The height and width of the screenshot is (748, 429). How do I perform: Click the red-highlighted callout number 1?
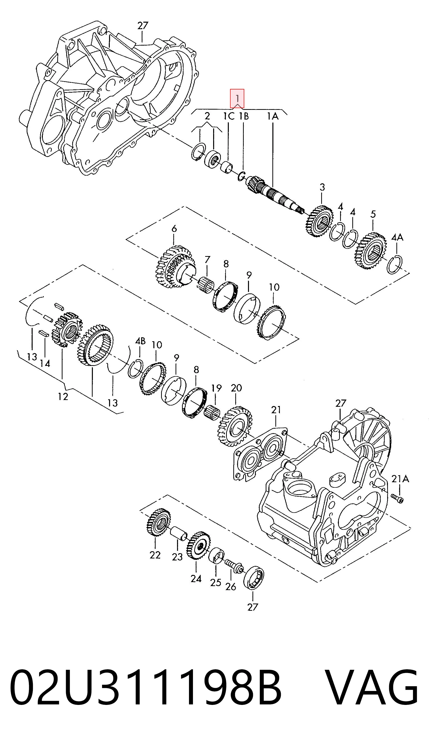coord(237,98)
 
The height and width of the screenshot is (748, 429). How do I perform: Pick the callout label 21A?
coord(400,479)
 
